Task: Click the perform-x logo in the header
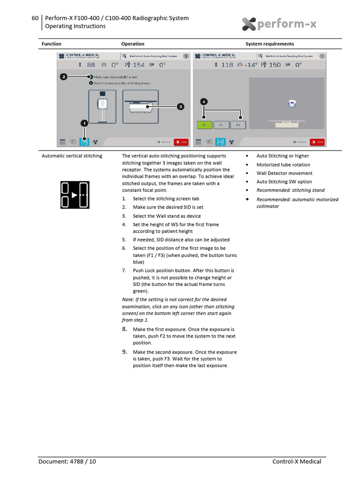click(x=279, y=24)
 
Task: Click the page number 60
click(x=35, y=18)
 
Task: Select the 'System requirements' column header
click(x=270, y=44)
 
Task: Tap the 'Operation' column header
click(x=133, y=44)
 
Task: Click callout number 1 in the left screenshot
click(x=84, y=123)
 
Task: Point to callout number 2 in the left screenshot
click(x=64, y=76)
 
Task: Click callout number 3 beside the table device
click(x=180, y=107)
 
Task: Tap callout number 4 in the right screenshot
click(x=203, y=101)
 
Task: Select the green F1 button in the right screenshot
click(x=204, y=125)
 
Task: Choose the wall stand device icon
click(x=102, y=107)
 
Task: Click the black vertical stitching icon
click(x=75, y=195)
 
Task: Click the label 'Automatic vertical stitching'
click(x=72, y=156)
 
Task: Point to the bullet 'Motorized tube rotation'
click(x=283, y=165)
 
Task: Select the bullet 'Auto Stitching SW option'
click(x=284, y=182)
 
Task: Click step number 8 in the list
click(x=124, y=330)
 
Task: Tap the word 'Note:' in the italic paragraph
click(x=127, y=300)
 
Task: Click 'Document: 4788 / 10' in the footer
click(x=67, y=462)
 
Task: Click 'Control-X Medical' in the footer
click(x=297, y=462)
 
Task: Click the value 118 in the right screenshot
click(x=227, y=65)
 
